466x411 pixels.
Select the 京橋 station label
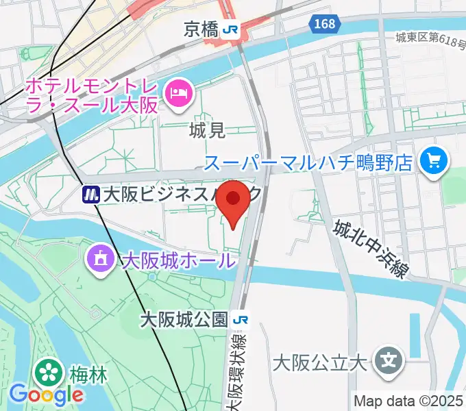click(x=201, y=29)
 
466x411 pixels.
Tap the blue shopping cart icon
click(x=434, y=162)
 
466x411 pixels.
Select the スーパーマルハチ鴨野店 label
click(x=308, y=163)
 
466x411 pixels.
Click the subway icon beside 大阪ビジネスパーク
click(x=90, y=195)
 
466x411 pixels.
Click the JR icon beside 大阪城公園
click(x=240, y=320)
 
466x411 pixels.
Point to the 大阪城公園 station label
click(x=184, y=320)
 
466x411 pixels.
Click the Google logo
click(x=46, y=395)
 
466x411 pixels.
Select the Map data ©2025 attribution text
click(x=408, y=401)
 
